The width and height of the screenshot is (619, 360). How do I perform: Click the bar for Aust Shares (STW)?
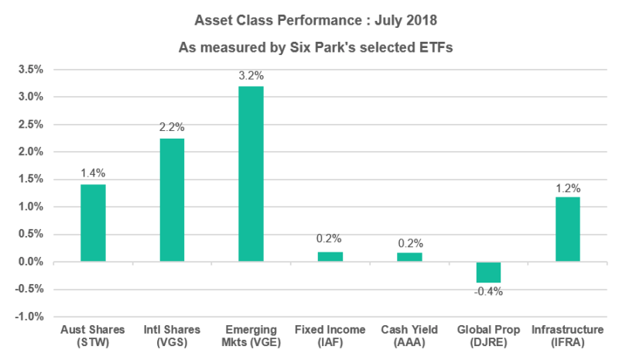(93, 223)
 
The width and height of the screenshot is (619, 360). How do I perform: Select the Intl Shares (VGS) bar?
(172, 200)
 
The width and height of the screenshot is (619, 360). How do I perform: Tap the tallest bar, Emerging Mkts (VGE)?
(251, 173)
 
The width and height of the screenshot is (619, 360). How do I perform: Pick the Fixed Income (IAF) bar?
(330, 257)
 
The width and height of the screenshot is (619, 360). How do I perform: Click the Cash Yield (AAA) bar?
(409, 257)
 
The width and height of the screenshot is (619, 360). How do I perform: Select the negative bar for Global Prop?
(488, 273)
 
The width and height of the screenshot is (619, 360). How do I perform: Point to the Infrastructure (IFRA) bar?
(567, 229)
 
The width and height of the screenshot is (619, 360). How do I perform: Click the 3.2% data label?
(251, 76)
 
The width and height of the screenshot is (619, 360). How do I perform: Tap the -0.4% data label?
(489, 292)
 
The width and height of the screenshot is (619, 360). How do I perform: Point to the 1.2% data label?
(567, 187)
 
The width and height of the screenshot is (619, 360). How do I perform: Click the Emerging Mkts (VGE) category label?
(251, 336)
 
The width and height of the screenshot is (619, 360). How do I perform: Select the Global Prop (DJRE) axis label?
(488, 336)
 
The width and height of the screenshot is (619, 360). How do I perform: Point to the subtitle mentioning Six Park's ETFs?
(309, 47)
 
